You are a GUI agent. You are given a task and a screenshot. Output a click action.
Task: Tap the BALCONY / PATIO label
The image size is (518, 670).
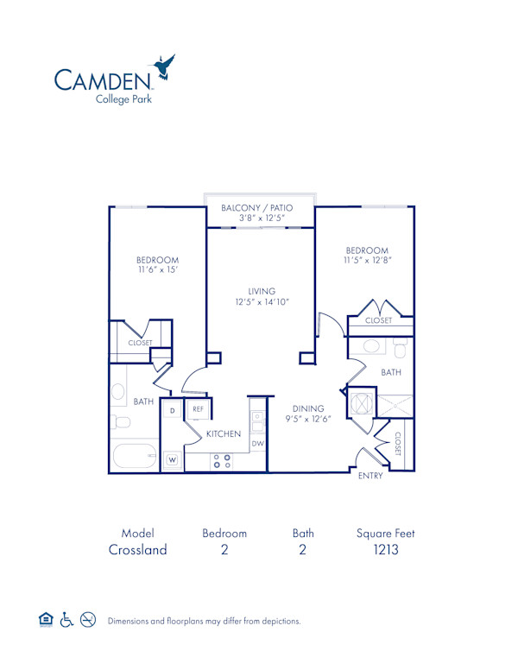(x=257, y=208)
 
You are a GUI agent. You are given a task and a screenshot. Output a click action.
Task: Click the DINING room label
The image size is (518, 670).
(x=308, y=408)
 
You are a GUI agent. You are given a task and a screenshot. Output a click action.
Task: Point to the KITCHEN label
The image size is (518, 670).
(x=223, y=433)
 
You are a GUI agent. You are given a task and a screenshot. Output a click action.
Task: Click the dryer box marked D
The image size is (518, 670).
(x=172, y=410)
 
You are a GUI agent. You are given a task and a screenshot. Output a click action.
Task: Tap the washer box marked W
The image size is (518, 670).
(x=172, y=459)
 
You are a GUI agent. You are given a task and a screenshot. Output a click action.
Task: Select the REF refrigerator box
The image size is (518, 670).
(x=198, y=409)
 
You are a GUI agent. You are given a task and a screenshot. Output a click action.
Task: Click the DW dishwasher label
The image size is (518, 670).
(x=257, y=443)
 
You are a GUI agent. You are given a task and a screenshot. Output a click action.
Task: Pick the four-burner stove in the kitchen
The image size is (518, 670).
(x=222, y=461)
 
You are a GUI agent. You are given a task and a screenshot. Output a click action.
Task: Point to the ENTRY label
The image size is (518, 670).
(x=370, y=476)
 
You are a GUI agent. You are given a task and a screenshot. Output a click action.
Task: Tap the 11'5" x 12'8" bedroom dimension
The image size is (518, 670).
(x=367, y=261)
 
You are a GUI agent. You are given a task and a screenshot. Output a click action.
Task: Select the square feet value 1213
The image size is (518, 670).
(x=385, y=550)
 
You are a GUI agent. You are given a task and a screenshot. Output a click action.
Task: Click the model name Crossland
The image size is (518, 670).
(x=137, y=550)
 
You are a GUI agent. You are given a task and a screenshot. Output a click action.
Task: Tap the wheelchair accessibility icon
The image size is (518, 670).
(x=67, y=620)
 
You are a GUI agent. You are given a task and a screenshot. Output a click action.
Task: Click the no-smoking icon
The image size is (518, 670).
(x=88, y=620)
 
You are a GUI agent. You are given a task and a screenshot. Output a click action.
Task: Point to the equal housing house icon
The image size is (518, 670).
(x=47, y=620)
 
